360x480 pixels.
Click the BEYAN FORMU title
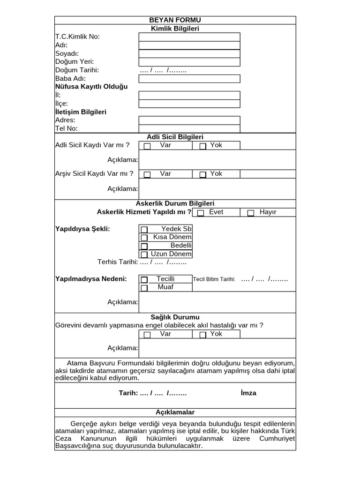coord(175,20)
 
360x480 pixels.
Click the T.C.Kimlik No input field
coord(189,37)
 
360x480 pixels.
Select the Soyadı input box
coord(189,53)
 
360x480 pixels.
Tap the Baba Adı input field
coord(189,79)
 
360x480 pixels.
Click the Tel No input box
coord(189,128)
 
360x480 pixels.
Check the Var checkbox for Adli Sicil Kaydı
coord(147,146)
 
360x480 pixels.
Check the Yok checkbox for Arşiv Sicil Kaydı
coord(203,175)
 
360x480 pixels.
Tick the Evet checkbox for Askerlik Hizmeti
coord(201,213)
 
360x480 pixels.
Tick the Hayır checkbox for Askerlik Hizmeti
coord(251,213)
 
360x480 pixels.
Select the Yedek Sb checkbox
coord(144,230)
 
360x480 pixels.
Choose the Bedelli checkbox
coord(144,246)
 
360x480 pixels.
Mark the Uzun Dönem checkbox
coord(144,255)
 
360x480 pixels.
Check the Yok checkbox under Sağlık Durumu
coord(203,335)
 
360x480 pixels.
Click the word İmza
coord(248,393)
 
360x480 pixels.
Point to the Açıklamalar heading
coord(175,412)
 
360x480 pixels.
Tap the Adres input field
coord(189,120)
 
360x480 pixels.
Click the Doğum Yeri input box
coord(189,62)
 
